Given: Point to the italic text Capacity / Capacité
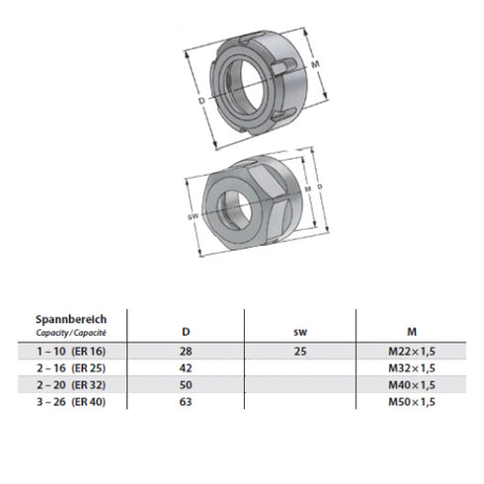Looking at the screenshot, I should point(70,333).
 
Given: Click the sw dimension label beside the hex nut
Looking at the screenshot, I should point(194,215).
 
